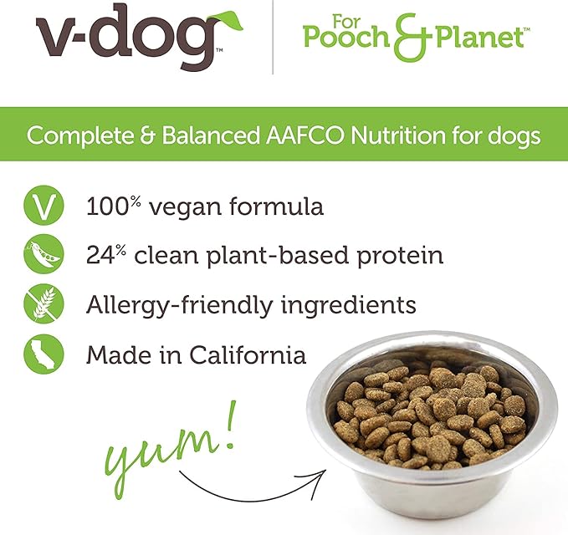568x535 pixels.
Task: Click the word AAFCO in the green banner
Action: [313, 135]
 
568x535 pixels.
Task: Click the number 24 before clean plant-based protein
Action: [103, 256]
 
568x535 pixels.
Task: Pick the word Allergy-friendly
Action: [177, 305]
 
